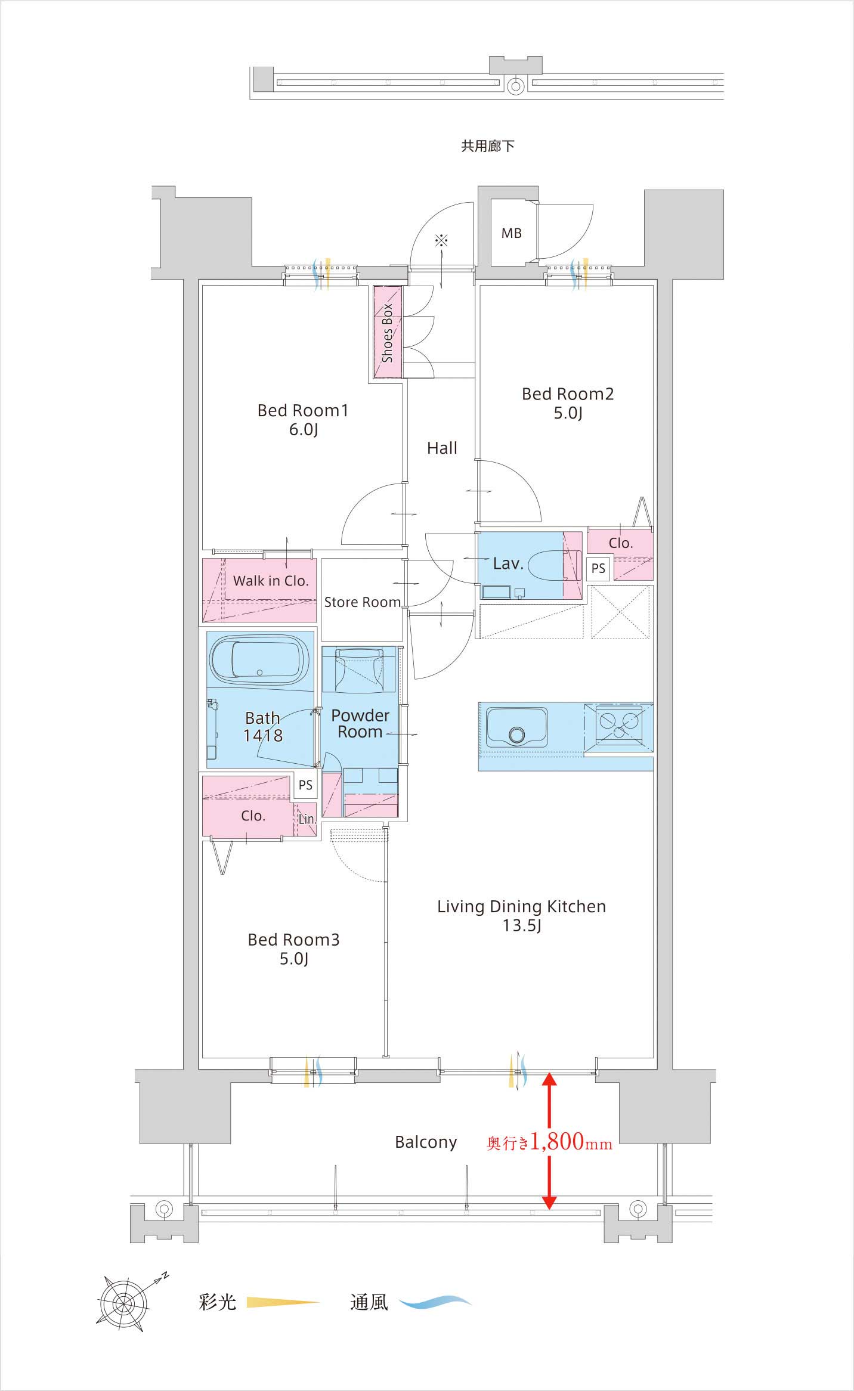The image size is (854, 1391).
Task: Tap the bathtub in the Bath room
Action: (259, 660)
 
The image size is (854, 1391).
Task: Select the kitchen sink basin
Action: (516, 727)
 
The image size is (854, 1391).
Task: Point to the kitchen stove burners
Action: (618, 724)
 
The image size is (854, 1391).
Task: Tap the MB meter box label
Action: (511, 233)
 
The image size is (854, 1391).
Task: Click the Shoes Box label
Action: (387, 333)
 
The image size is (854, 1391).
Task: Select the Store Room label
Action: (362, 602)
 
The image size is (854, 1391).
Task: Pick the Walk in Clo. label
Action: (271, 581)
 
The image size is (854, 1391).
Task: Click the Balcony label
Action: (426, 1142)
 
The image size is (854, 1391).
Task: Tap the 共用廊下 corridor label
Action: (487, 146)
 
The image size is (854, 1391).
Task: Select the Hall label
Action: (442, 448)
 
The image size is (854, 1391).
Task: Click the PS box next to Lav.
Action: (598, 568)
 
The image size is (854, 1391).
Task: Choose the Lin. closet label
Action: (307, 819)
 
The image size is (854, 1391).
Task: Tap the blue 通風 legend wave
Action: (435, 1302)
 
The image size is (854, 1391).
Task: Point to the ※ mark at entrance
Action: (441, 240)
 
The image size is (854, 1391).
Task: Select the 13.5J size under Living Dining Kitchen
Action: (521, 925)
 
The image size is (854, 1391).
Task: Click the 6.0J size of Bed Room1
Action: (303, 429)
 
